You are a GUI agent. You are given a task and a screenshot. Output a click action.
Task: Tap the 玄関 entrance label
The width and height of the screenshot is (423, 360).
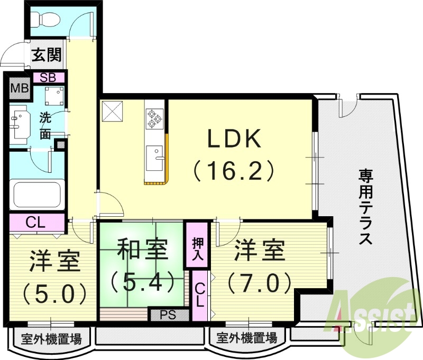(x=47, y=55)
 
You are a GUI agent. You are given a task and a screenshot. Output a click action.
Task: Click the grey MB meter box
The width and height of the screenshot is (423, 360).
(x=20, y=88)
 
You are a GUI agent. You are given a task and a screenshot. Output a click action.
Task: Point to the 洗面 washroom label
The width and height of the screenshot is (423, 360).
(x=46, y=125)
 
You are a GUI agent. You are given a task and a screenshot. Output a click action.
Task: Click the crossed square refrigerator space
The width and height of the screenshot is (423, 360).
(x=113, y=110)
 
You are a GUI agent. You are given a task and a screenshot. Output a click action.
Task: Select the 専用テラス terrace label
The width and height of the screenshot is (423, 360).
(x=364, y=206)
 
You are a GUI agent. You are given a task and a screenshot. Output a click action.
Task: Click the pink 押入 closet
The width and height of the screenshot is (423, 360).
(x=196, y=248)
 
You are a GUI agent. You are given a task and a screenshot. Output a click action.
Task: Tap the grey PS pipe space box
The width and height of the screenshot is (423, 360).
(x=168, y=315)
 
